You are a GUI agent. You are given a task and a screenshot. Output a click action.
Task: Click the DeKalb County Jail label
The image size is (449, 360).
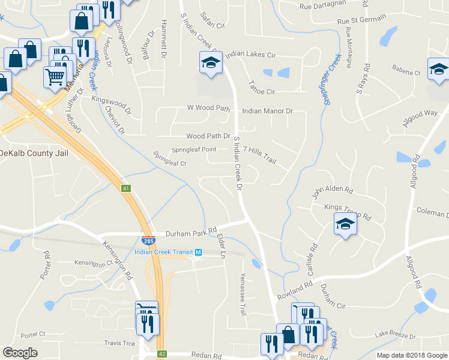coord(34,154)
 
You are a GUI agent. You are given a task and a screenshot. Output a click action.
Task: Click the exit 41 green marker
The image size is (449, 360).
coord(126,188)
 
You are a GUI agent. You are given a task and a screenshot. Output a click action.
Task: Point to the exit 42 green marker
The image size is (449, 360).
coord(161,355)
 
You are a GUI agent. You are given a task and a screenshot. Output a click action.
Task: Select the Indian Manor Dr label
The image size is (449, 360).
coord(267,111)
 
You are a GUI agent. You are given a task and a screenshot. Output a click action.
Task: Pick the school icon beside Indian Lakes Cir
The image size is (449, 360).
coord(211,63)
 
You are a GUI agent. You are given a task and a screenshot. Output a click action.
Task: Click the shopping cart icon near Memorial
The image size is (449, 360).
coord(55,76)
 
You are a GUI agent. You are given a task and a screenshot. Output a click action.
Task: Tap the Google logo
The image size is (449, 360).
coord(20,353)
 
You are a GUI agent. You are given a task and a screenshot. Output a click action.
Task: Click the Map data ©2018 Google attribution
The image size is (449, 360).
coord(412,355)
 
